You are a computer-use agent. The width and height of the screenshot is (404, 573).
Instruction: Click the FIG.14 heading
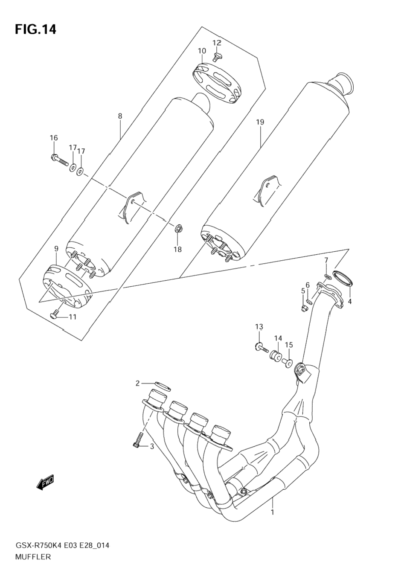36,29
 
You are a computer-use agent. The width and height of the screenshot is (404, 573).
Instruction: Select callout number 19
260,122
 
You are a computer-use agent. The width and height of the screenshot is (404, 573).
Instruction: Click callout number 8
120,116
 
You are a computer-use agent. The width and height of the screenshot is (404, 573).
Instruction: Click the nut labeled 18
179,230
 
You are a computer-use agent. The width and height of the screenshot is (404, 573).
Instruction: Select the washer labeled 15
288,363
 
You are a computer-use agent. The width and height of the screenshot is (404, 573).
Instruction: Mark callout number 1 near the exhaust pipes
272,512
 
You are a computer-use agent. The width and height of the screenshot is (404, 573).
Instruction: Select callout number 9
56,249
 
